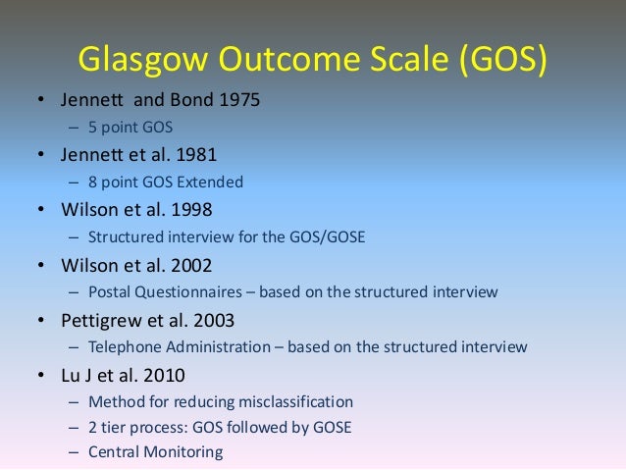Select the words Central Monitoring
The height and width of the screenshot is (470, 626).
tap(155, 452)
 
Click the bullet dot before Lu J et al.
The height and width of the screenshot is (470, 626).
tap(41, 375)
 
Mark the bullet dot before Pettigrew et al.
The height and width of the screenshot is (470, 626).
tap(41, 320)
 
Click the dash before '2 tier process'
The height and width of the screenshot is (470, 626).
tap(75, 427)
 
